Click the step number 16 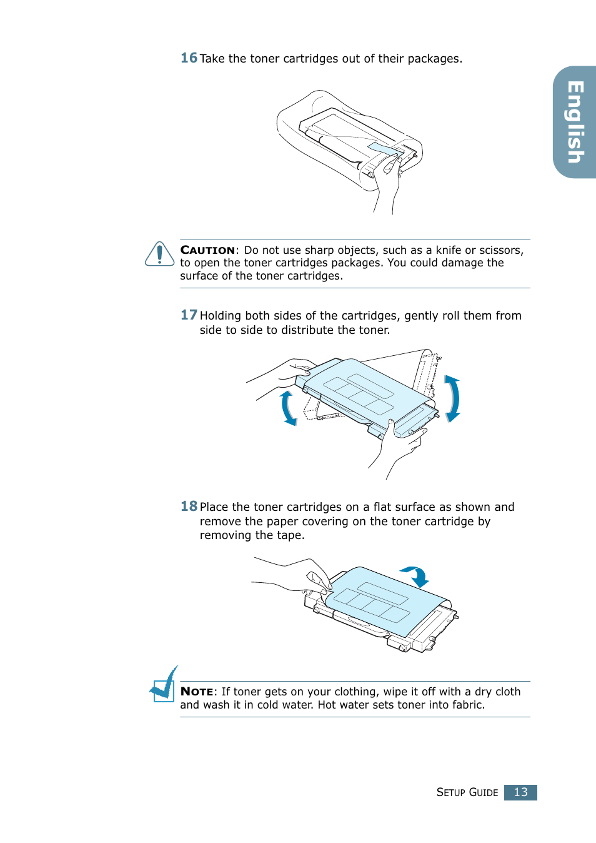tap(189, 58)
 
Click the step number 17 tap(189, 315)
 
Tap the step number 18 tap(189, 507)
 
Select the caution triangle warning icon tap(159, 255)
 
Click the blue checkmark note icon tap(164, 685)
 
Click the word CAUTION tap(207, 250)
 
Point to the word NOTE tap(197, 692)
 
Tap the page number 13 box tap(520, 792)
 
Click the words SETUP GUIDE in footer tap(467, 792)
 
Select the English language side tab tap(575, 122)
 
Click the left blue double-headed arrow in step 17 tap(288, 408)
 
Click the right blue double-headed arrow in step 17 tap(452, 398)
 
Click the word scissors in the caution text tap(500, 250)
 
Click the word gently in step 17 tap(421, 316)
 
